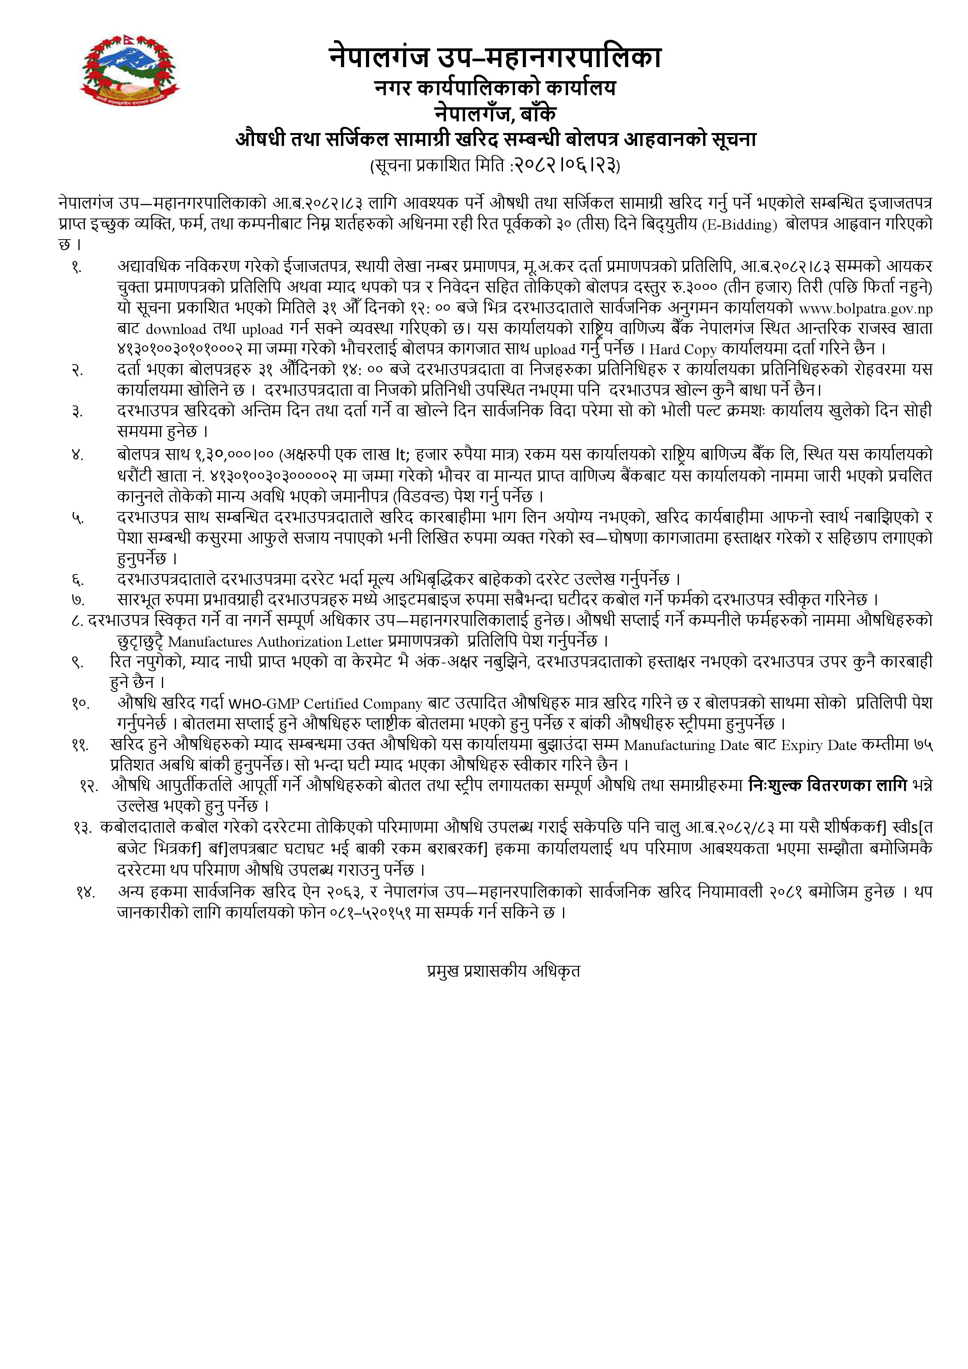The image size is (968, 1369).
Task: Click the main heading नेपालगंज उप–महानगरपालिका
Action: click(x=495, y=59)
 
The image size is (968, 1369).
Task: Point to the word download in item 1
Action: click(x=176, y=329)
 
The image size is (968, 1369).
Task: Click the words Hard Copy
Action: click(x=682, y=349)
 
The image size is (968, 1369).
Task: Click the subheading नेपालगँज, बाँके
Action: click(x=495, y=113)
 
